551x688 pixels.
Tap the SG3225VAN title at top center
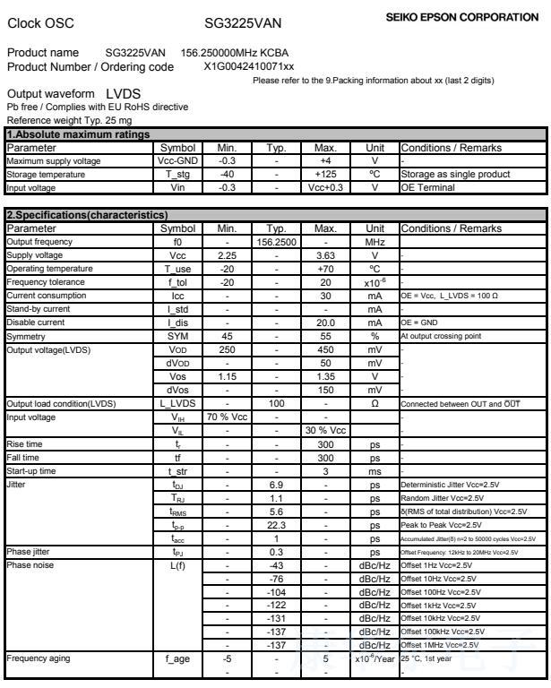(x=242, y=21)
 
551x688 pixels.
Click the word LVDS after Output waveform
(x=123, y=93)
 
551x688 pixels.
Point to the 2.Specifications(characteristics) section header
(x=85, y=217)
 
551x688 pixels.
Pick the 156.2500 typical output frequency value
(x=276, y=242)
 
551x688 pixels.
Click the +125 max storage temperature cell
(x=324, y=174)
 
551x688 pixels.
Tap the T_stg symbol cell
(x=177, y=174)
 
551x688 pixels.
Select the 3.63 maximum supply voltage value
(x=324, y=255)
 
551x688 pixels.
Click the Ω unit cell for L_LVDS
(x=375, y=404)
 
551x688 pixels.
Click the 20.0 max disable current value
(x=324, y=321)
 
